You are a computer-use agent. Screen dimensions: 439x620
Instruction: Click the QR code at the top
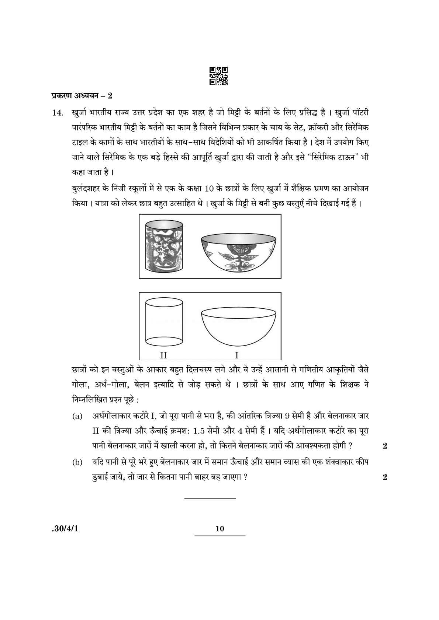coord(218,76)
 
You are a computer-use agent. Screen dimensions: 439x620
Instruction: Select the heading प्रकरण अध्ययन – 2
coord(82,96)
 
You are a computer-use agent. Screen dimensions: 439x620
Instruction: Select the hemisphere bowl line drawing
coord(239,326)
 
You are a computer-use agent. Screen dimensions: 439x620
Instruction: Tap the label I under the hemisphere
coord(237,355)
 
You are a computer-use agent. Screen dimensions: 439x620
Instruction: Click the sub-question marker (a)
coord(77,417)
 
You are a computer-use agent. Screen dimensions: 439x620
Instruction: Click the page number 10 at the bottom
coord(219,529)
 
